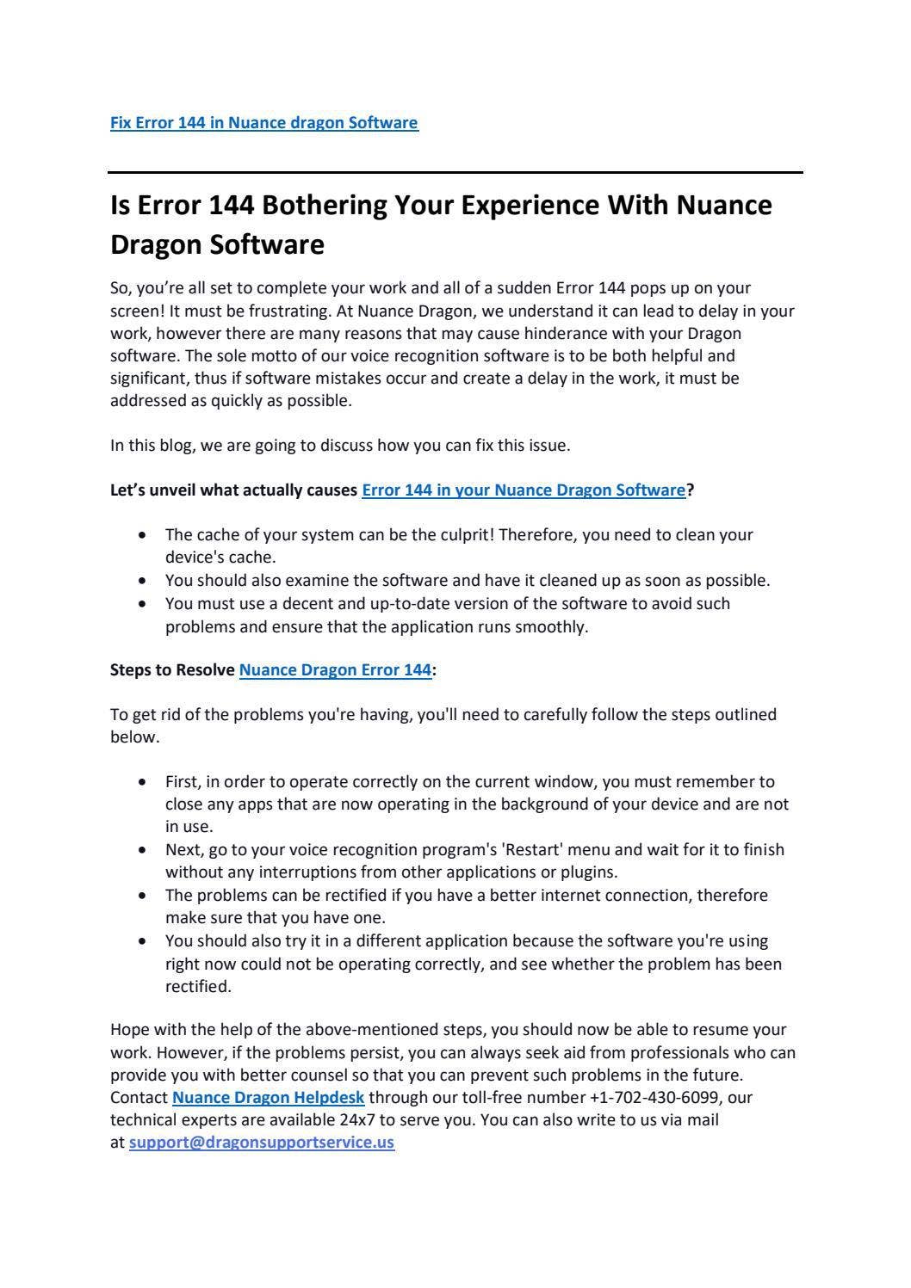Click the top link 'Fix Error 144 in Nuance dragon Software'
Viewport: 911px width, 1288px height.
pyautogui.click(x=263, y=123)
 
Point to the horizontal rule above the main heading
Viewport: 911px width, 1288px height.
pyautogui.click(x=455, y=173)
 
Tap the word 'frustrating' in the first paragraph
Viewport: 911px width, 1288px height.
pyautogui.click(x=288, y=311)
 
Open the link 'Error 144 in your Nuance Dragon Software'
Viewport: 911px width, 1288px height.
pyautogui.click(x=524, y=490)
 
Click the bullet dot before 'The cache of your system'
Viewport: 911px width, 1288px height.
pyautogui.click(x=142, y=536)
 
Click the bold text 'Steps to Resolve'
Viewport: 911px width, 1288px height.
pyautogui.click(x=172, y=670)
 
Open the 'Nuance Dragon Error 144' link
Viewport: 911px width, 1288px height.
pyautogui.click(x=335, y=670)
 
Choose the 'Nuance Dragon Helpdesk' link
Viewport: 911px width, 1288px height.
pyautogui.click(x=269, y=1098)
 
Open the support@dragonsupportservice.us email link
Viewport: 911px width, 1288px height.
pyautogui.click(x=262, y=1143)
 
